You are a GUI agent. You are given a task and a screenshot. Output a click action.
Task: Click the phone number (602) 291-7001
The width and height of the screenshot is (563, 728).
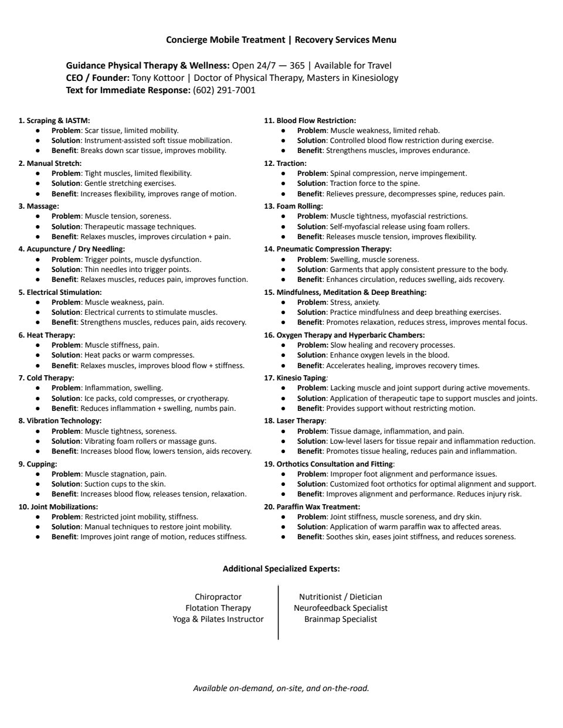coord(224,90)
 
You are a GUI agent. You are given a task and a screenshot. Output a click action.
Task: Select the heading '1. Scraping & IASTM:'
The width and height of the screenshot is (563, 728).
coord(54,120)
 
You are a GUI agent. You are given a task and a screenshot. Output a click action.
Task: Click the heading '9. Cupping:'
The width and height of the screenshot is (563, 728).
coord(38,464)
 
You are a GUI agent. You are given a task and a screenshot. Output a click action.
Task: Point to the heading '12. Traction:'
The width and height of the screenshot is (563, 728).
coord(285,163)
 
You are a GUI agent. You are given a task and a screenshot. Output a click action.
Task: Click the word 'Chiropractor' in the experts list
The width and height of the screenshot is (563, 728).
coord(218,597)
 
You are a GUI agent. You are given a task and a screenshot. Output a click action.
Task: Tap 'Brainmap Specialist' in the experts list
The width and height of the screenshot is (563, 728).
coord(341,619)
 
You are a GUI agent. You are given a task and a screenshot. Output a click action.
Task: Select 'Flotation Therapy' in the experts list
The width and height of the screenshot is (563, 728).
coord(218,608)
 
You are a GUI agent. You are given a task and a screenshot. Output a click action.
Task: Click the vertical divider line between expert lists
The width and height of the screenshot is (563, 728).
coord(279,612)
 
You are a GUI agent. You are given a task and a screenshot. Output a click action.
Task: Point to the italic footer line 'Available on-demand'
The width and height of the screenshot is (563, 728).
coord(281,688)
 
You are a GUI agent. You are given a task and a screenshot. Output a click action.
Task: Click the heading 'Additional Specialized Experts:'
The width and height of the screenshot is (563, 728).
coord(281,569)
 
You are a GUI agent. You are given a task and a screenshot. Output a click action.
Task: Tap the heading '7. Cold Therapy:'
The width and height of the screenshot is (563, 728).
coord(46,378)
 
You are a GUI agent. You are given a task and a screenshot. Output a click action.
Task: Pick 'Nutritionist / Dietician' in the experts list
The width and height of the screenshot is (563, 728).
coord(341,597)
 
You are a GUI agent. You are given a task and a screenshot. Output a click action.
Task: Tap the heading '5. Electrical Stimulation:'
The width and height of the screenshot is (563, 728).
coord(60,292)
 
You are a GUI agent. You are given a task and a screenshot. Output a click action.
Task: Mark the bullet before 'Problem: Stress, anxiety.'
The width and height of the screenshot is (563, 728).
coord(283,302)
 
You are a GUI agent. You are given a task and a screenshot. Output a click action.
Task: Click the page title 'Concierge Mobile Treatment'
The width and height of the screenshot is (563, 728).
coord(225,40)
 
